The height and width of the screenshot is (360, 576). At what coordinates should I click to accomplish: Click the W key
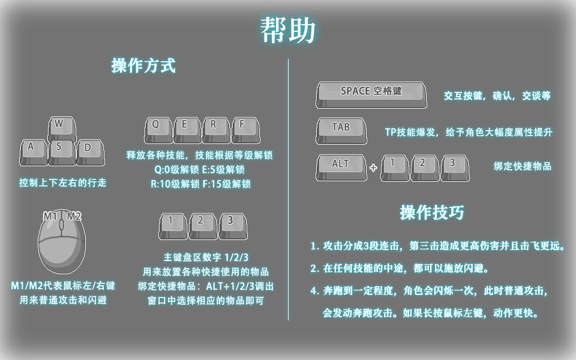62,128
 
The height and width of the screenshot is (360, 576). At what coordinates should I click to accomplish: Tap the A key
34,152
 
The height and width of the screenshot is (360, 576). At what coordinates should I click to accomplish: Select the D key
91,152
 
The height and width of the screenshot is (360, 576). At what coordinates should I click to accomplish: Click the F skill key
246,130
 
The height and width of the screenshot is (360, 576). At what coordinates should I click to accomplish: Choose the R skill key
217,130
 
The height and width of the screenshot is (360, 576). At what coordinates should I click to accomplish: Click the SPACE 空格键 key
371,95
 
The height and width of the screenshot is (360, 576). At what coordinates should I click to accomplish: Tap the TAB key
341,131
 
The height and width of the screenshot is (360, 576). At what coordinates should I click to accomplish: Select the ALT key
341,167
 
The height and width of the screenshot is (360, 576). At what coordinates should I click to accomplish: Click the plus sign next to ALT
373,168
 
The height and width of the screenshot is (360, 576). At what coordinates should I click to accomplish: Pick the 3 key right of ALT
455,168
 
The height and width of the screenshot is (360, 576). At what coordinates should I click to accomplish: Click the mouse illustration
62,242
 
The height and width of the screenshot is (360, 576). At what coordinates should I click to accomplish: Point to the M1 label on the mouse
50,216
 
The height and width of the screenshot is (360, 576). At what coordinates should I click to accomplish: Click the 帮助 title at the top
287,30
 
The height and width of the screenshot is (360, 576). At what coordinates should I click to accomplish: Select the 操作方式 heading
143,66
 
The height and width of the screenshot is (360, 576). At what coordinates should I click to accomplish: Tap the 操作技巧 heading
432,212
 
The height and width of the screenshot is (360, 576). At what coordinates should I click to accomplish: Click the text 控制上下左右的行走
63,182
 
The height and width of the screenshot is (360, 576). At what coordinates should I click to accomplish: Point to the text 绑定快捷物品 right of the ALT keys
523,166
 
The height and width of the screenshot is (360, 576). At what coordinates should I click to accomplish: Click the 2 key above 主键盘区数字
203,226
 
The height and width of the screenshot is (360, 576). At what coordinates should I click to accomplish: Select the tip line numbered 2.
400,268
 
